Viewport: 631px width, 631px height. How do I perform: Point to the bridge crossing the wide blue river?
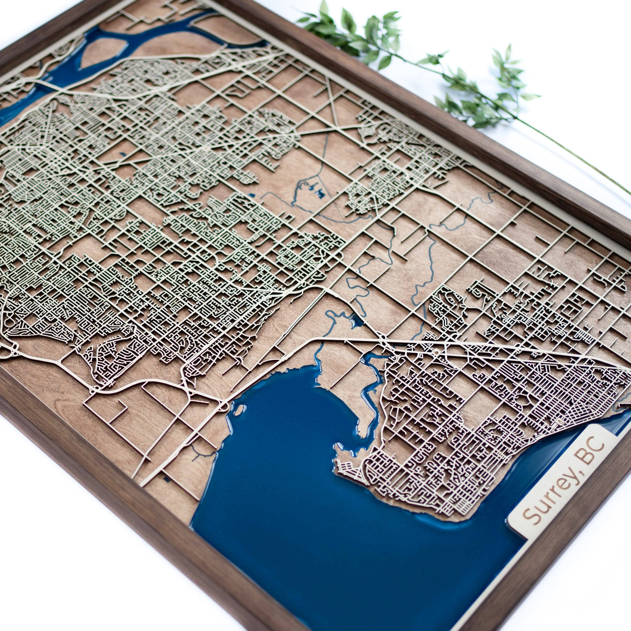(x=46, y=86)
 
